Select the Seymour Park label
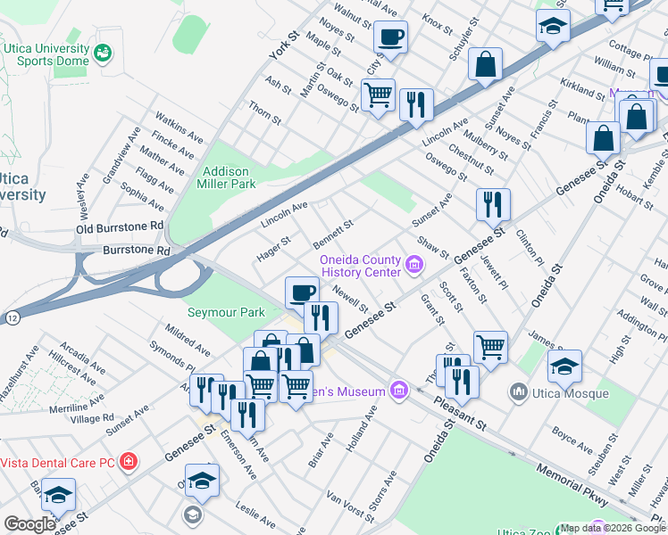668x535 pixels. pos(226,312)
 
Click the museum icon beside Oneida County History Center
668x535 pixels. pos(413,264)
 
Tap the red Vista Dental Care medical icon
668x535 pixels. pos(129,462)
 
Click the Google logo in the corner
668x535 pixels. pos(29,524)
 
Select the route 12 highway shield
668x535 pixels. pos(11,317)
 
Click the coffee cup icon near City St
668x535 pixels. pos(390,38)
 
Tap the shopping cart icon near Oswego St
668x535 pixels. pos(379,95)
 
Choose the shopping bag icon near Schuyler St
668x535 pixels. pos(485,65)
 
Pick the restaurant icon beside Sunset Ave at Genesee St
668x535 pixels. pos(492,205)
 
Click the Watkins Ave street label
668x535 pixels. pos(178,126)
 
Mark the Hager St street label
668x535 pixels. pos(273,243)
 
